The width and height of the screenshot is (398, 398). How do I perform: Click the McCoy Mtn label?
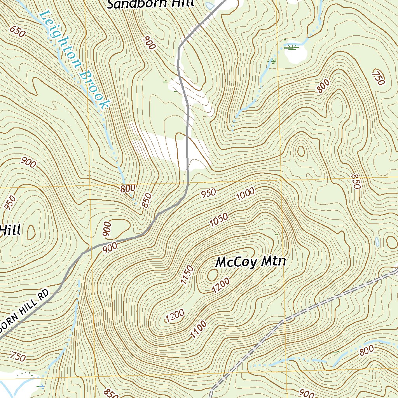251,262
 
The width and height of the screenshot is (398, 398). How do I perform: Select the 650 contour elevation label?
18,31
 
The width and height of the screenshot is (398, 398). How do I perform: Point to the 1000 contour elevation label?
245,193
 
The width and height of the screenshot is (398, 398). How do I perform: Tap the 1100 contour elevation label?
198,330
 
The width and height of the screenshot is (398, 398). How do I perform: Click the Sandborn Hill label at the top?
150,4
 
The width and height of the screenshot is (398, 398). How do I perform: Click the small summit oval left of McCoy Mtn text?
212,275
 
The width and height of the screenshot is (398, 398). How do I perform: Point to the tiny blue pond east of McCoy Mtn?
377,242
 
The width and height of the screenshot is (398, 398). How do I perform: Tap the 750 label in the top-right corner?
378,77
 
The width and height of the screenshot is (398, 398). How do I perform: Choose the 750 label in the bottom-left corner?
18,356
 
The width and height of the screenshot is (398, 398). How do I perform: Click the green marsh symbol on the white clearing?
291,47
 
